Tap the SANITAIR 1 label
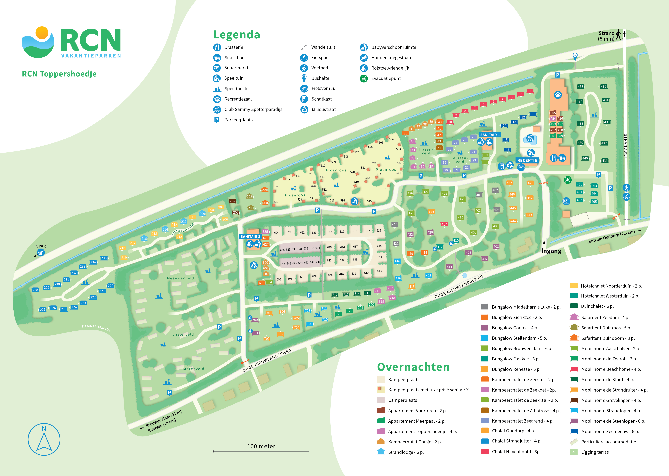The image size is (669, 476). tap(490, 135)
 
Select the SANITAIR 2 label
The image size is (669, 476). tap(250, 236)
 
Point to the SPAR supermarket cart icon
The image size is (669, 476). tap(41, 252)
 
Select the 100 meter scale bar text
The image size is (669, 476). tap(261, 446)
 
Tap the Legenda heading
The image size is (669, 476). tap(236, 35)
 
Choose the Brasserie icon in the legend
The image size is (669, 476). tap(217, 47)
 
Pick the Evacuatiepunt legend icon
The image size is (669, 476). tap(364, 79)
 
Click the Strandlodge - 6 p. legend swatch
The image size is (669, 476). tap(381, 452)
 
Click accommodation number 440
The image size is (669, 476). tap(585, 158)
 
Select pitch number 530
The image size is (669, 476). tap(276, 202)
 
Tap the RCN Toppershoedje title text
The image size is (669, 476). tap(59, 74)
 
